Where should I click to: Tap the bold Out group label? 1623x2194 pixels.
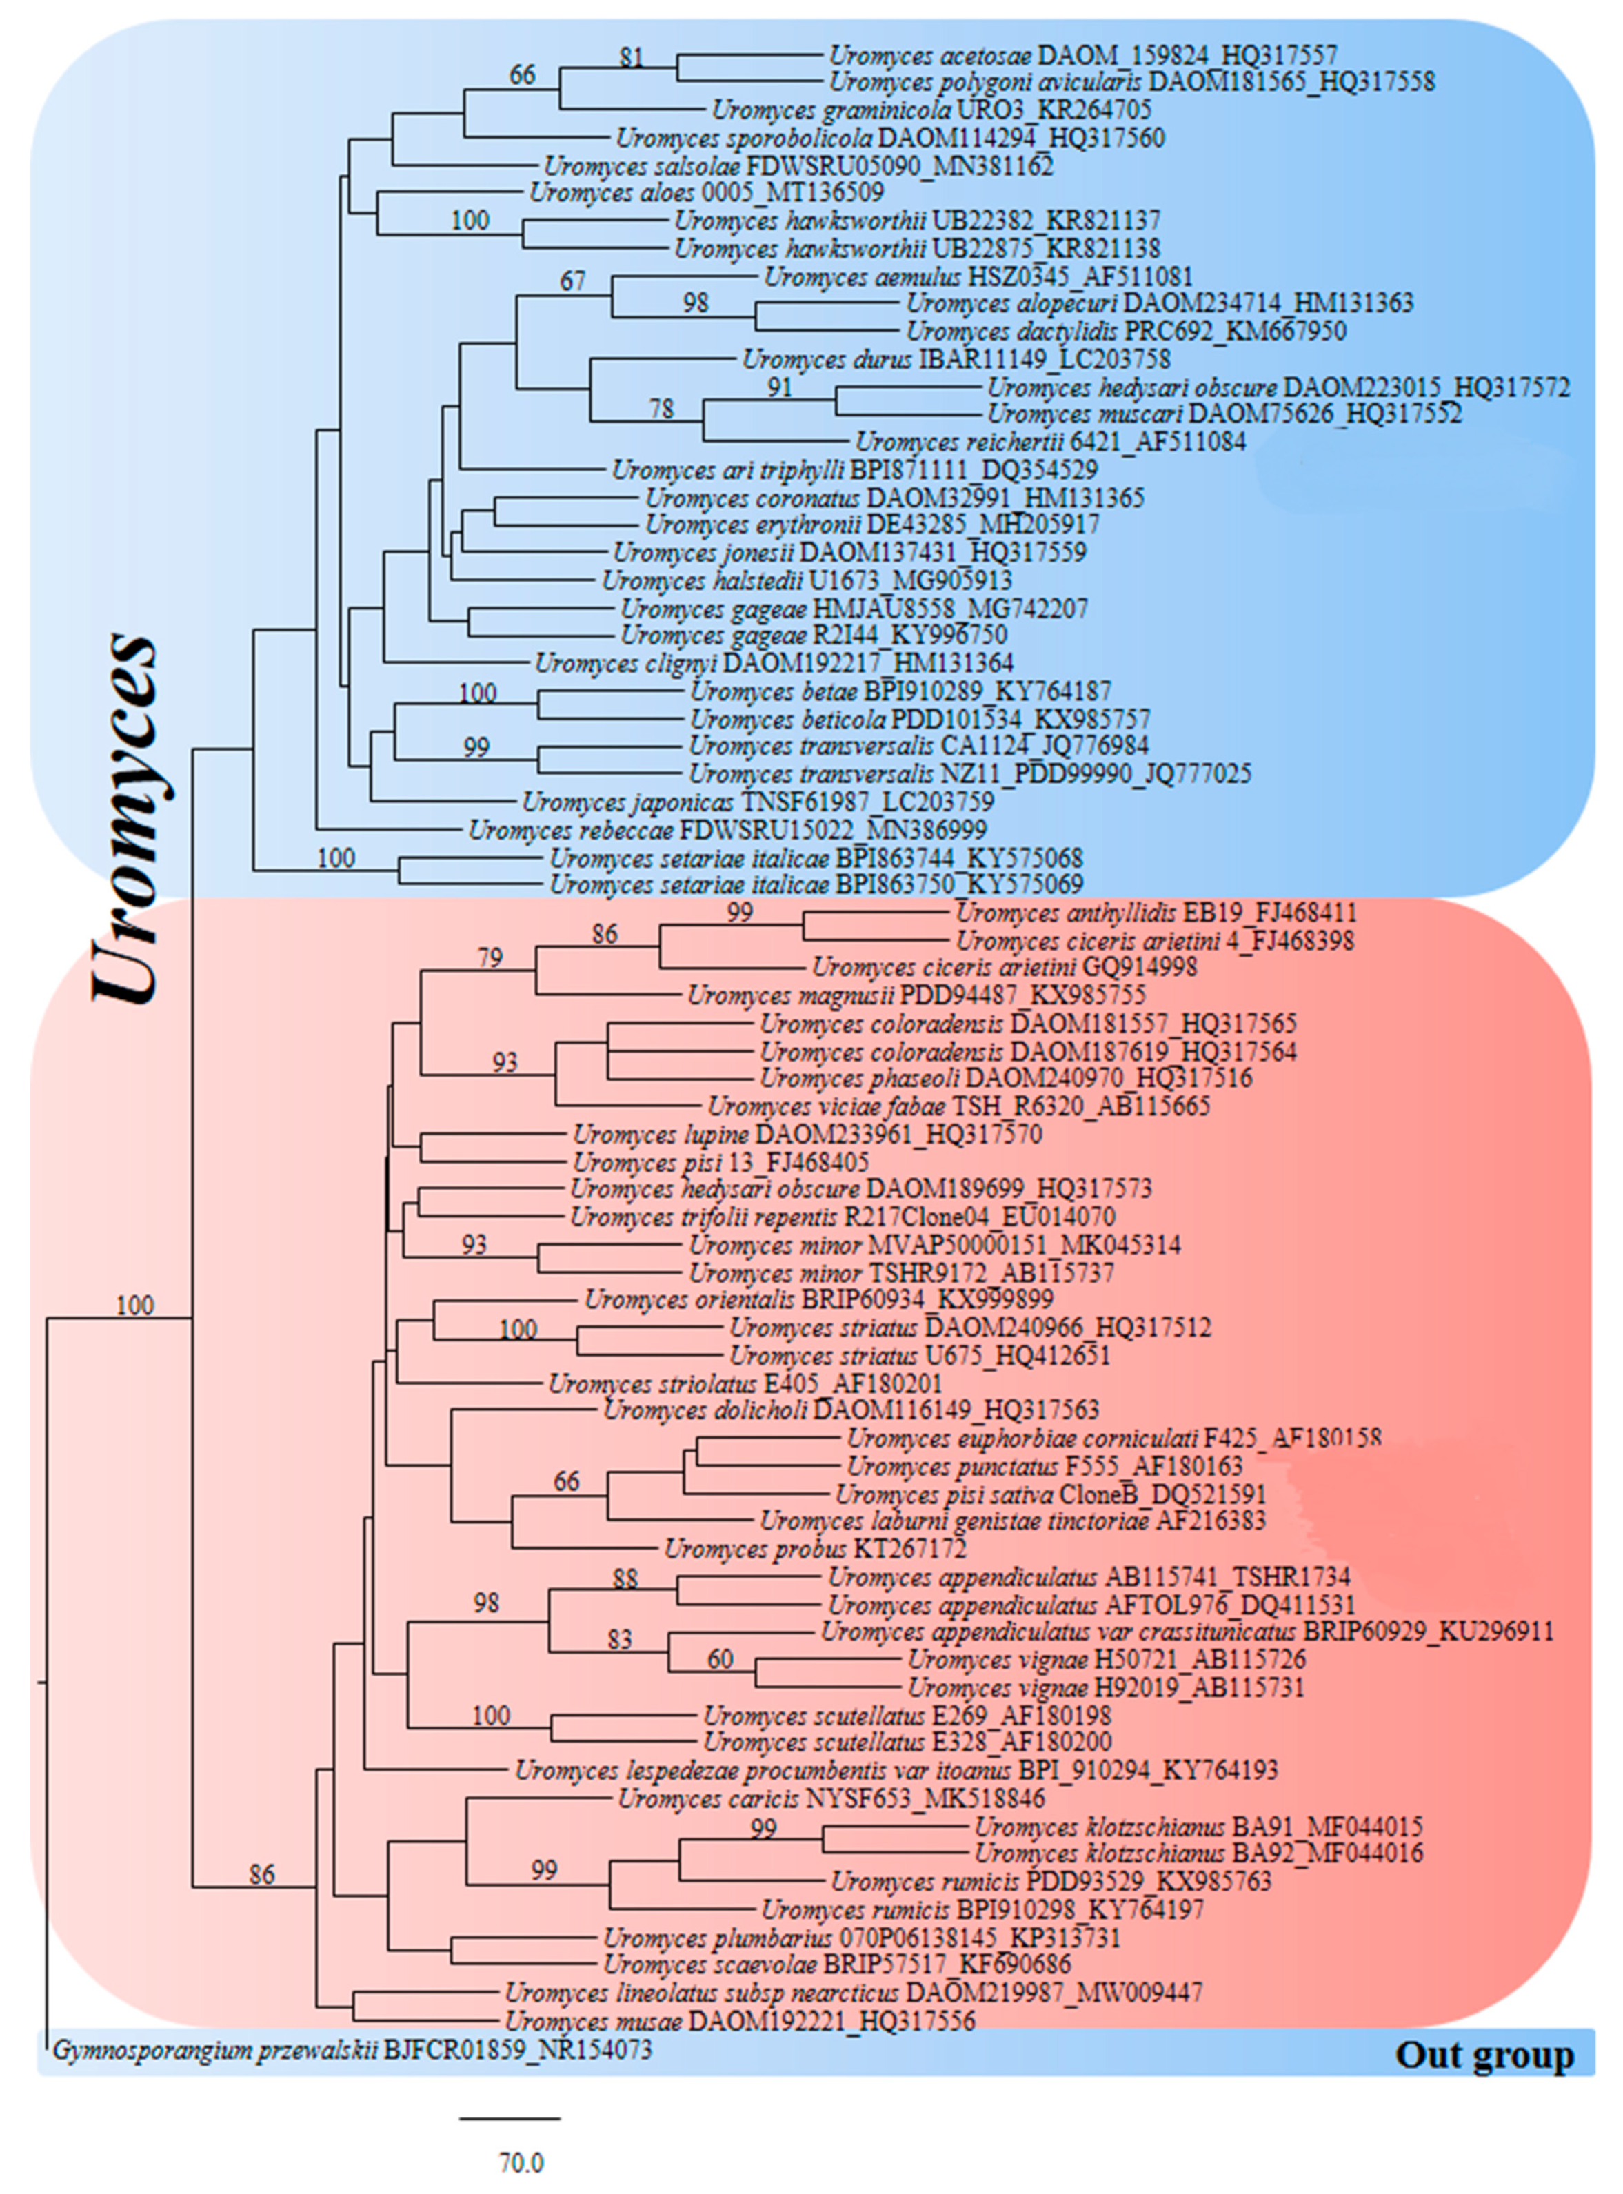[1484, 2055]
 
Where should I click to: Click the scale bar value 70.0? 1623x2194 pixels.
[521, 2162]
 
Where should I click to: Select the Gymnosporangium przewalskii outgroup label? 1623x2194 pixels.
[352, 2051]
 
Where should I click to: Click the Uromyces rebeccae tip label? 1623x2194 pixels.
[727, 831]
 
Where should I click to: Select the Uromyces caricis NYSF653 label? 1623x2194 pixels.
[831, 1799]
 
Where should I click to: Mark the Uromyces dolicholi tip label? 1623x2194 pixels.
[851, 1411]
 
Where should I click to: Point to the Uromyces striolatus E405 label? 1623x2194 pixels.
[745, 1385]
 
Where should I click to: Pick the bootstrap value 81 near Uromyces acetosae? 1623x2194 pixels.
[631, 57]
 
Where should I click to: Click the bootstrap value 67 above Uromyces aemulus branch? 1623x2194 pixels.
[572, 282]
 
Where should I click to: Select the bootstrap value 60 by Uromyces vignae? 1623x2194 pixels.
[720, 1660]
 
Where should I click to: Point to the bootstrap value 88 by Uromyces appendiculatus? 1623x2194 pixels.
[625, 1578]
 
